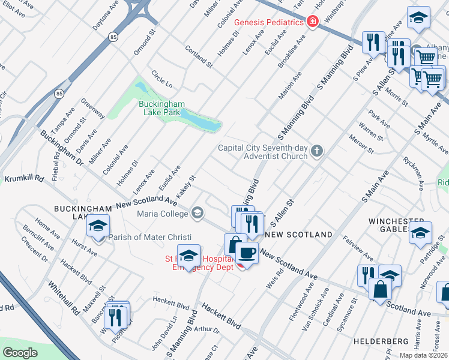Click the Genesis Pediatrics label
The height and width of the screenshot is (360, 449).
pyautogui.click(x=268, y=22)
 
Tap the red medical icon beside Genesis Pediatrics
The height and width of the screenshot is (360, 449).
pyautogui.click(x=312, y=22)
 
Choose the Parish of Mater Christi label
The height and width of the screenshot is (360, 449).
pyautogui.click(x=142, y=237)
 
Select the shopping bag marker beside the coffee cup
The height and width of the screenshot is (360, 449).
pyautogui.click(x=234, y=245)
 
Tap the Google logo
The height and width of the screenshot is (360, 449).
pyautogui.click(x=20, y=353)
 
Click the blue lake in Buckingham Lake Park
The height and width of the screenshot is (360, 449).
pyautogui.click(x=200, y=121)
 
